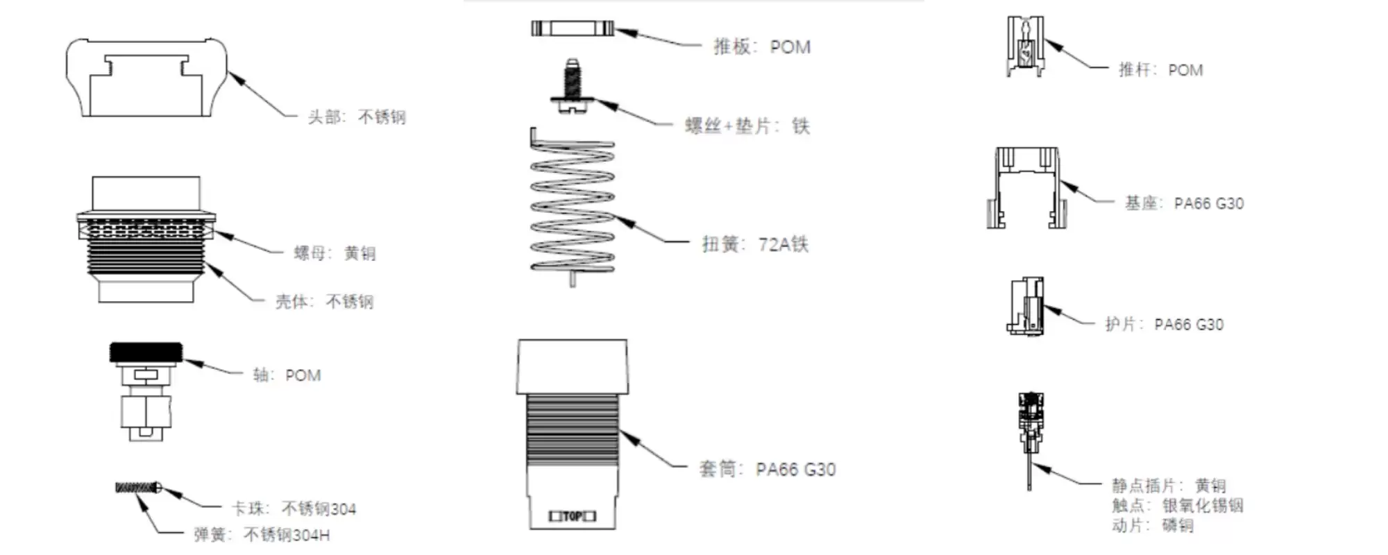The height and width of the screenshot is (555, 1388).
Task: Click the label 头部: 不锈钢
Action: pos(357,117)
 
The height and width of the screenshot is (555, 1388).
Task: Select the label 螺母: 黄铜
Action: pos(335,253)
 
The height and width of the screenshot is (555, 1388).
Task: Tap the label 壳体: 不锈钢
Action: pos(324,301)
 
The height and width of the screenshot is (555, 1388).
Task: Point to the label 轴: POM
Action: pos(287,375)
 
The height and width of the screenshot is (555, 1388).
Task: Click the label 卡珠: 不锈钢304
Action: pos(294,509)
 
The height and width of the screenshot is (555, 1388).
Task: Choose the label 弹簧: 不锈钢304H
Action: pos(262,535)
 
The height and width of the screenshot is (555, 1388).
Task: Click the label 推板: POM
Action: pos(762,47)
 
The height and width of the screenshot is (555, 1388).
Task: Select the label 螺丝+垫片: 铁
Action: pos(747,126)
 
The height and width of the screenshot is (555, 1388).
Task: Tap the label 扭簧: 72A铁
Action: pos(755,244)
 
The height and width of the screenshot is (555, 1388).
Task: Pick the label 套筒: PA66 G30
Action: pos(767,470)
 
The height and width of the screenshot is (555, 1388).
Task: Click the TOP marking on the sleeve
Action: pos(573,516)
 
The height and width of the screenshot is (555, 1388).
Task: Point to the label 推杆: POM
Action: pos(1160,70)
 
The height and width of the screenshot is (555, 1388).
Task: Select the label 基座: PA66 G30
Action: pos(1184,203)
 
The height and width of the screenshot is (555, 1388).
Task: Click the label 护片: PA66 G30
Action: pos(1164,324)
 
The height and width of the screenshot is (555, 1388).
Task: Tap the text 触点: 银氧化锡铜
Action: pos(1177,506)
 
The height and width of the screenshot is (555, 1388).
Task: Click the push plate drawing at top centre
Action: pos(573,28)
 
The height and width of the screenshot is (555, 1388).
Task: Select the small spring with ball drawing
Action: pos(138,488)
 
